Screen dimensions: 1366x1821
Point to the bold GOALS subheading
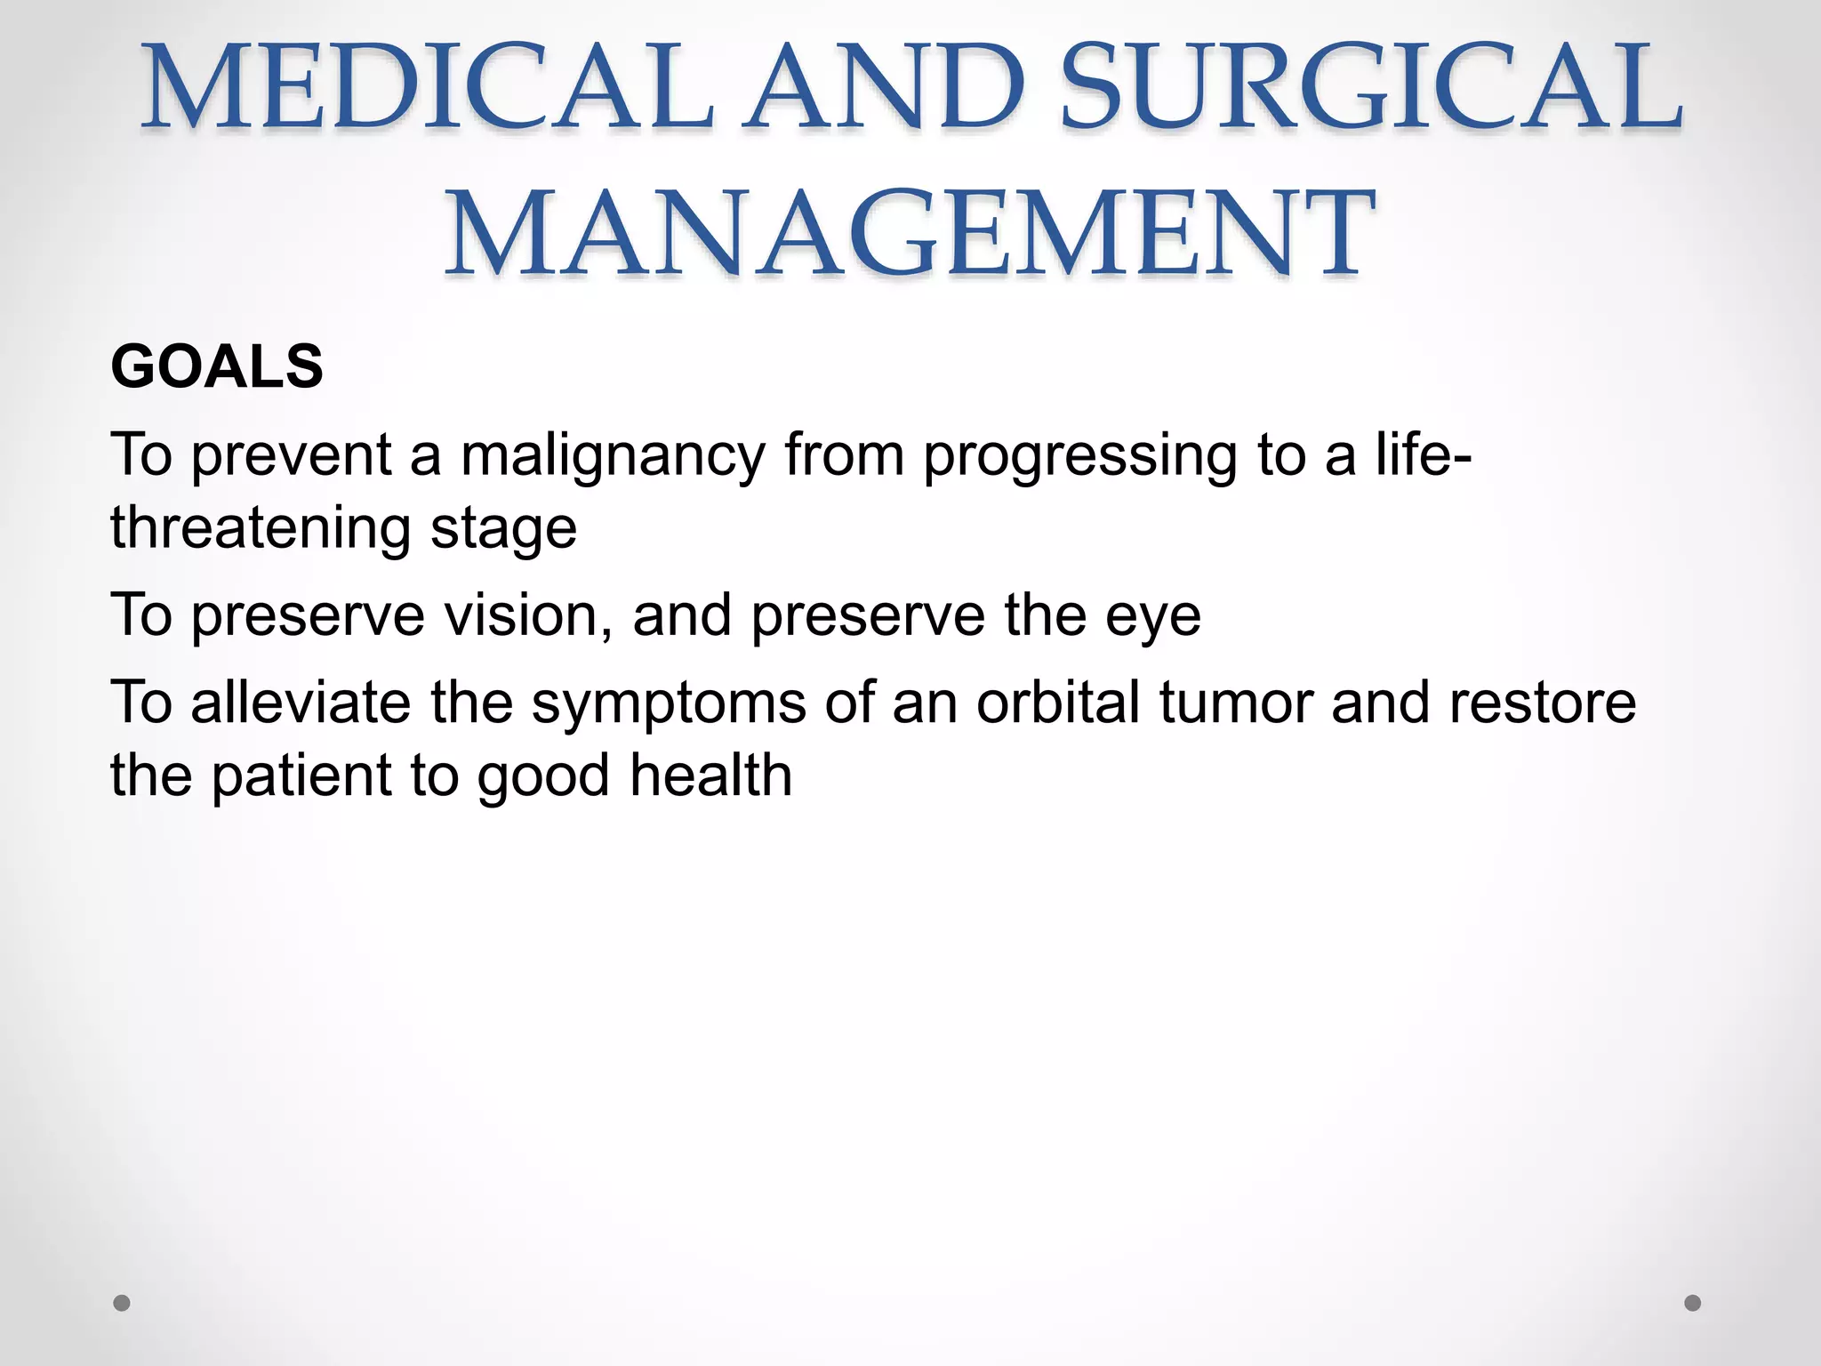point(216,366)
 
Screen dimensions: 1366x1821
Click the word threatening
point(260,528)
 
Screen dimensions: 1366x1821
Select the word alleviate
point(301,703)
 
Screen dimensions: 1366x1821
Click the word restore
point(1542,703)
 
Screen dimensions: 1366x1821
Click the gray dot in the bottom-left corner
point(122,1303)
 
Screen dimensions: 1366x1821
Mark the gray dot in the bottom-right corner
point(1692,1303)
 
